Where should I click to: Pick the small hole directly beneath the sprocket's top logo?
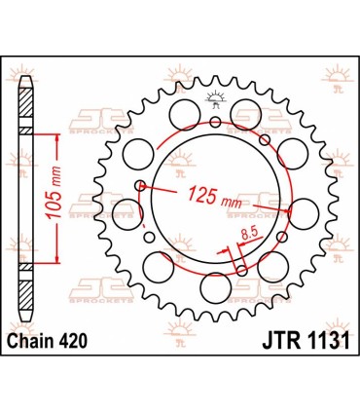(x=215, y=121)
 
